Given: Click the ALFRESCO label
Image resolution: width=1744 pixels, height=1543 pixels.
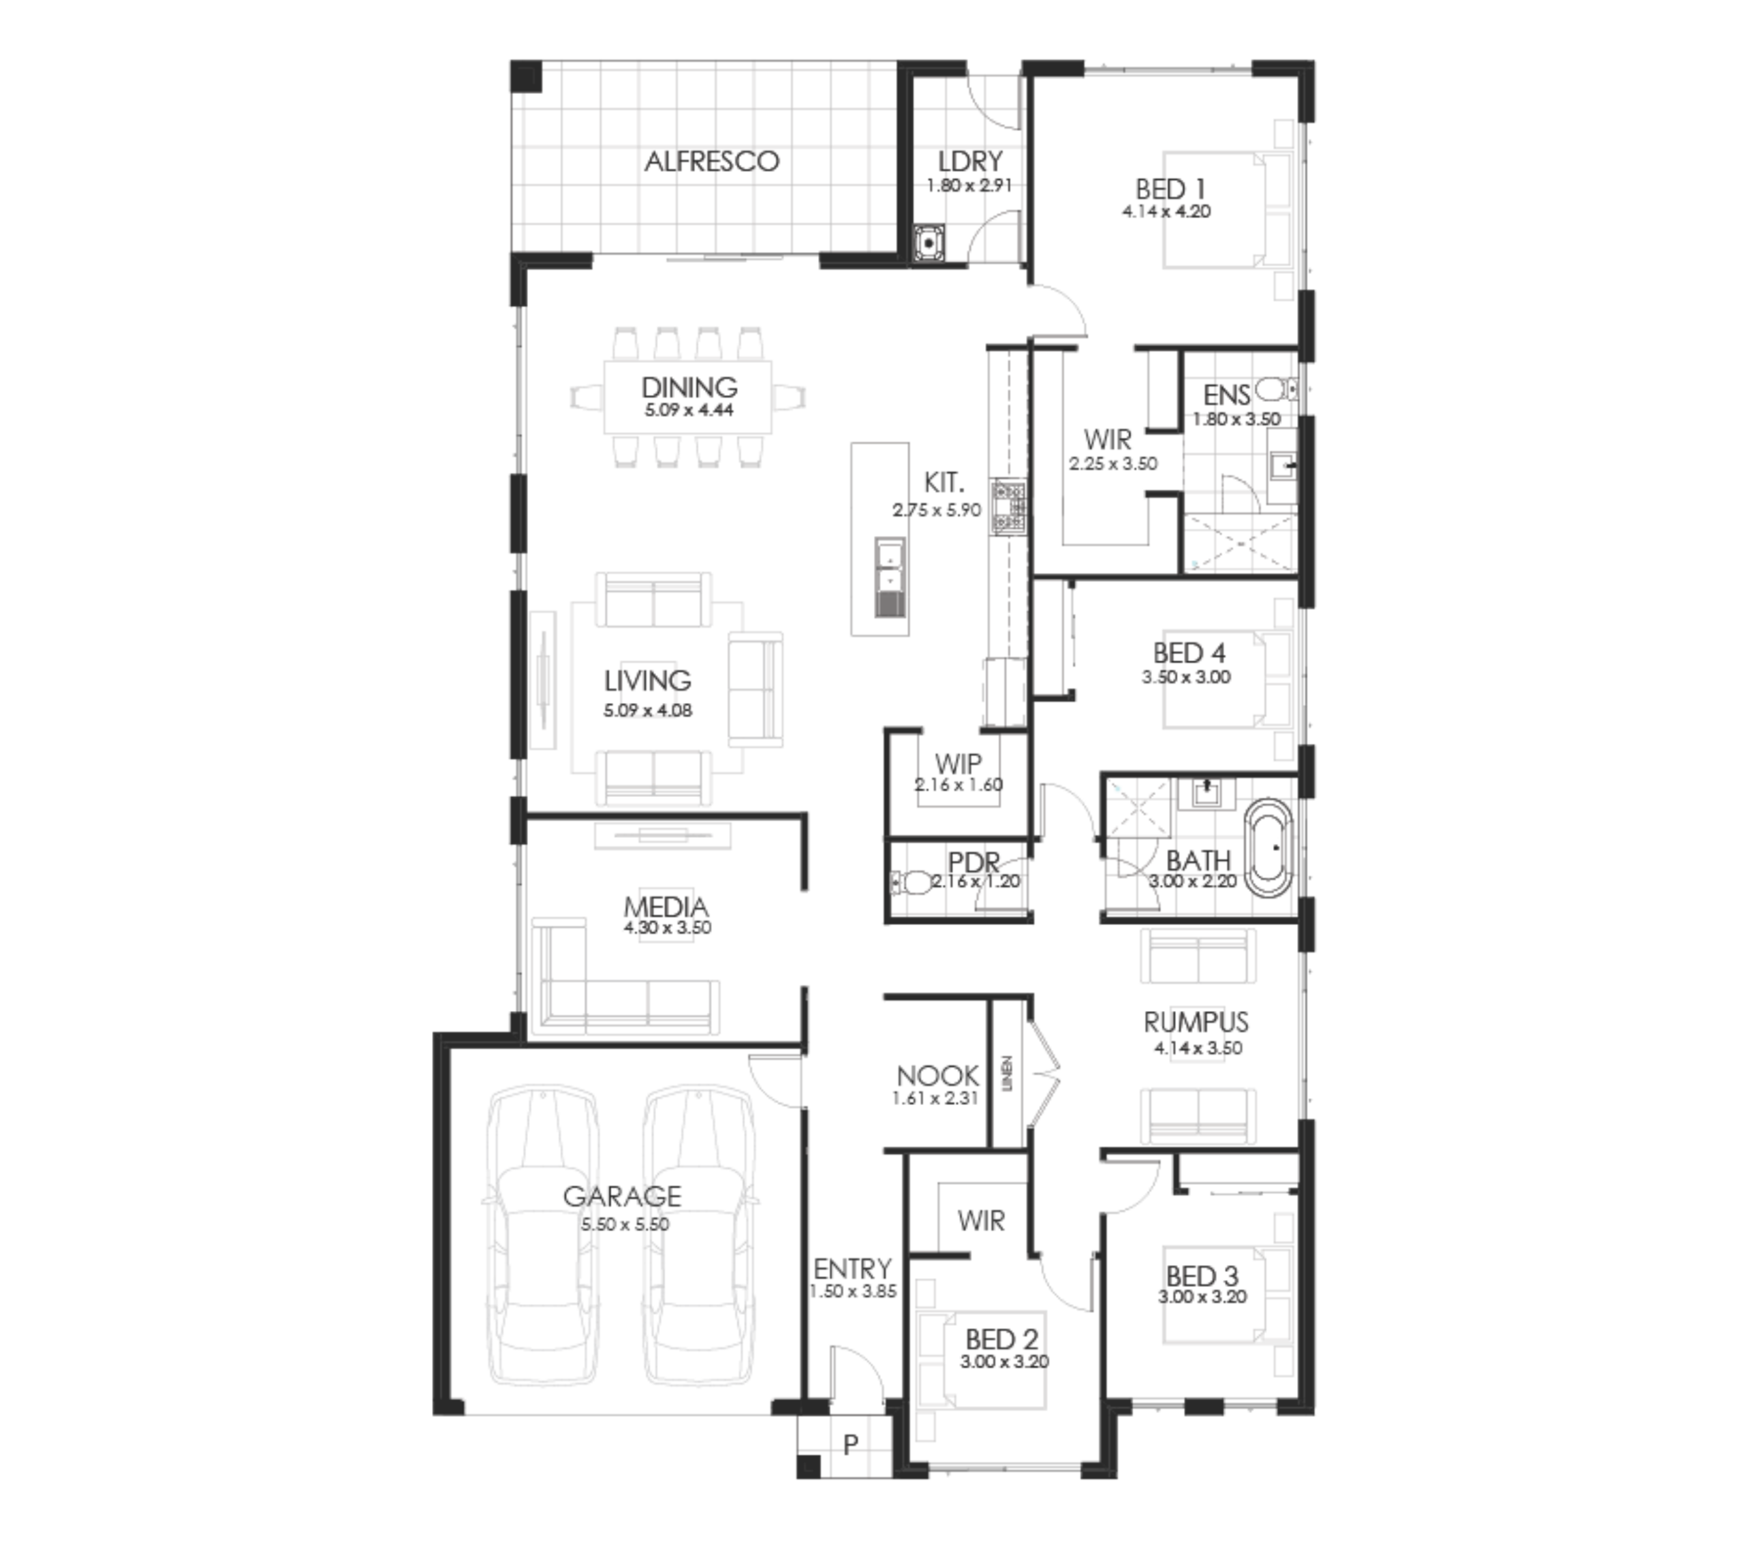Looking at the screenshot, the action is click(x=712, y=161).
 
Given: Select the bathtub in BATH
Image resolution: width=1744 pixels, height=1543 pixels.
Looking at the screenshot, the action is click(x=1268, y=848).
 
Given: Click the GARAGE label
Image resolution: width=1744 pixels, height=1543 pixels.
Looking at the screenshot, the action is click(x=622, y=1196).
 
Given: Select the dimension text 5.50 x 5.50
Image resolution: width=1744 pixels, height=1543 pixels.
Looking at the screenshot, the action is click(x=625, y=1224).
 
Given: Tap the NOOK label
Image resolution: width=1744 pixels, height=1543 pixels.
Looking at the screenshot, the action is click(x=937, y=1075).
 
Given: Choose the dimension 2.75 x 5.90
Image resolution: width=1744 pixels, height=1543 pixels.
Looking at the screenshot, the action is click(x=937, y=510).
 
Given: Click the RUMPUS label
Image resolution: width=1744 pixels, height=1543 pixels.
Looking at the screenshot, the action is click(x=1196, y=1022).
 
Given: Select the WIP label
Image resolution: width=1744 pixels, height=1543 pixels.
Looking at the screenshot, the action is click(x=958, y=762).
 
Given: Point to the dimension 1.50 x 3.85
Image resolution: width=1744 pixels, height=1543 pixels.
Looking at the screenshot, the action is click(x=853, y=1291).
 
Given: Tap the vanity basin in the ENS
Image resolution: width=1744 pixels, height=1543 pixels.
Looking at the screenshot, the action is click(x=1281, y=466).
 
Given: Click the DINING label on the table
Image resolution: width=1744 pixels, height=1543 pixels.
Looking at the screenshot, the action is click(x=689, y=388).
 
